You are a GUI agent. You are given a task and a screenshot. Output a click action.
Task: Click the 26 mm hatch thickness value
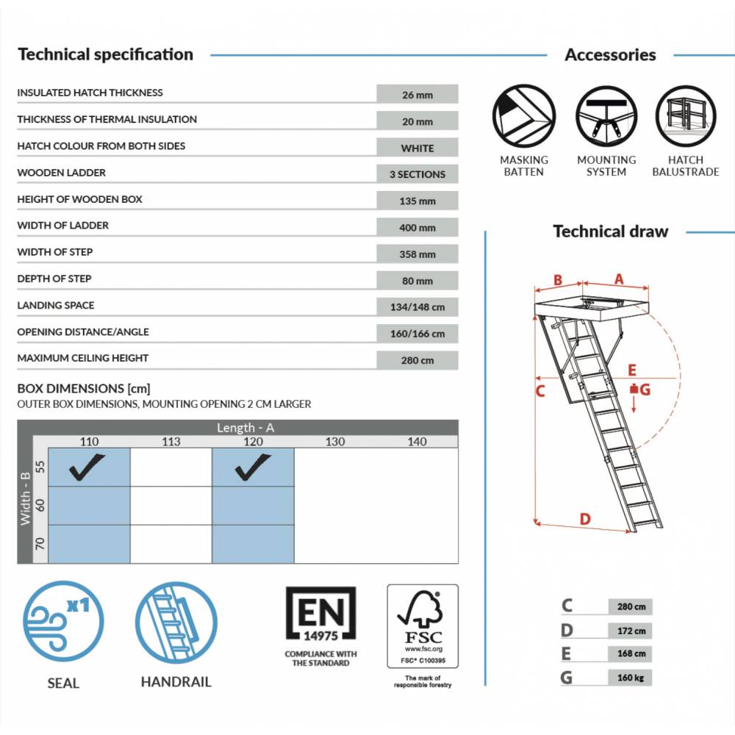(x=417, y=95)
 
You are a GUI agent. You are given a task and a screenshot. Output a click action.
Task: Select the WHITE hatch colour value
(x=417, y=148)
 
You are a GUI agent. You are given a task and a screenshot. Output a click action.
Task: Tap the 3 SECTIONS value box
(x=417, y=174)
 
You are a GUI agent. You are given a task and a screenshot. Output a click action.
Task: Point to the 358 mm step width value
(x=417, y=254)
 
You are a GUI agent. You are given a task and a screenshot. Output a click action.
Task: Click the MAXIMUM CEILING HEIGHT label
(x=83, y=358)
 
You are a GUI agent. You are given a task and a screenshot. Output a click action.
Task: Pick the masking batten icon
(x=523, y=115)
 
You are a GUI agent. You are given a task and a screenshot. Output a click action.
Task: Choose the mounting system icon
(x=606, y=115)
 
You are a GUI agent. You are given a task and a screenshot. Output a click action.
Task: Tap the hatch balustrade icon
(x=686, y=115)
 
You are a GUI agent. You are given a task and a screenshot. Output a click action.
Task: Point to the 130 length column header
(x=334, y=442)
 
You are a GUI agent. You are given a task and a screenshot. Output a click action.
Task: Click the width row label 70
(x=40, y=544)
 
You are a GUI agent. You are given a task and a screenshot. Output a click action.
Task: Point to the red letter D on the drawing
(x=585, y=519)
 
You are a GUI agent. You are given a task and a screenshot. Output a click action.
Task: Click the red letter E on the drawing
(x=632, y=370)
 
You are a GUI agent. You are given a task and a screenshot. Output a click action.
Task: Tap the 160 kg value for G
(x=630, y=678)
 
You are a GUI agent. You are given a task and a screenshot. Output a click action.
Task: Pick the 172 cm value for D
(x=630, y=631)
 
